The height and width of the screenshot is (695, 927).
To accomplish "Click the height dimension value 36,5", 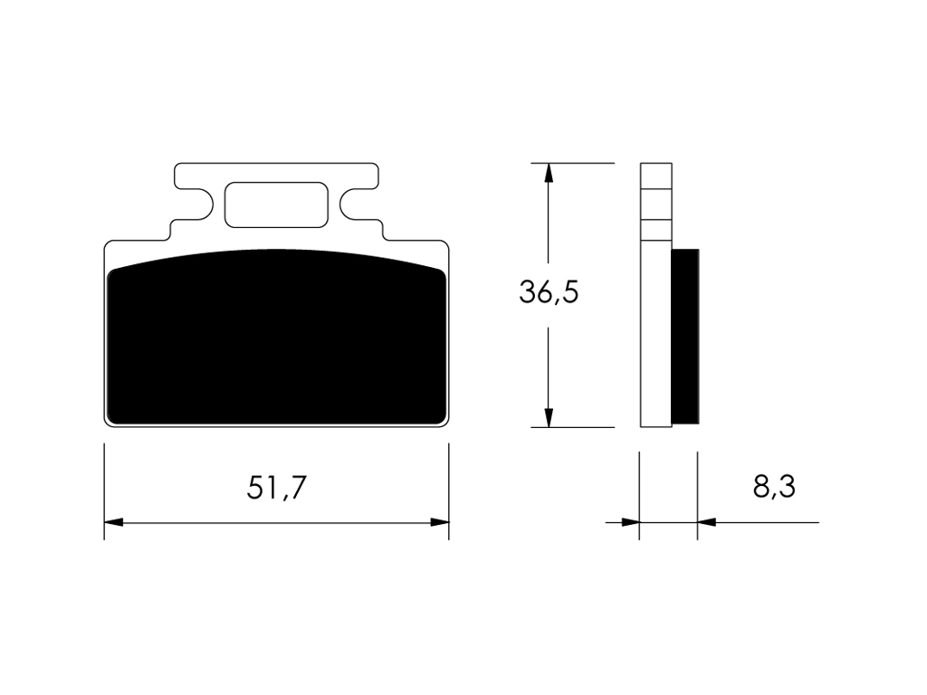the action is (x=549, y=292).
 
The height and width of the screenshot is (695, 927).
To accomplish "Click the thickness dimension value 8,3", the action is (x=775, y=487).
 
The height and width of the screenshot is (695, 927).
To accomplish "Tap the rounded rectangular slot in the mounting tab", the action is (x=276, y=205).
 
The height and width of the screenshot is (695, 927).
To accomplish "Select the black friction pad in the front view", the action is (x=276, y=336).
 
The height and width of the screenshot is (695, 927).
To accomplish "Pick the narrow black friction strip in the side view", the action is (x=685, y=337).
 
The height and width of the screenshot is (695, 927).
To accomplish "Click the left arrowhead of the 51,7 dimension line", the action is (x=113, y=522).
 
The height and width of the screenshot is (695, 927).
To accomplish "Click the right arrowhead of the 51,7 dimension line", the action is (x=440, y=522).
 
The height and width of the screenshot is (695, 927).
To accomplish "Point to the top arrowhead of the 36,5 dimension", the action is (x=549, y=173).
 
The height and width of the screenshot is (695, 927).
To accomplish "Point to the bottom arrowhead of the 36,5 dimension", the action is (x=549, y=417).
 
